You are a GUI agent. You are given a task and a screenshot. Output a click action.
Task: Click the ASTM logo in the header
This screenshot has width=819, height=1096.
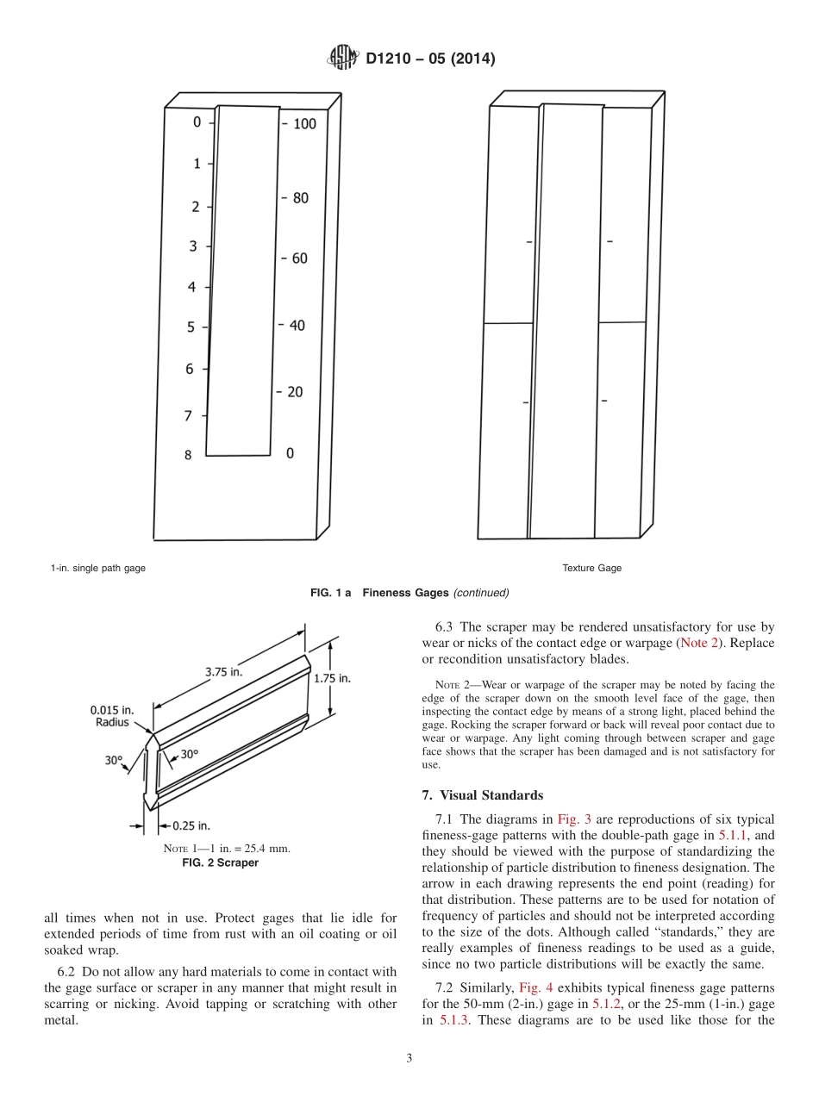click(x=344, y=59)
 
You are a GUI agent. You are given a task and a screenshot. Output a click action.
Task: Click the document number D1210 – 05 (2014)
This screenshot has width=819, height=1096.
click(x=429, y=59)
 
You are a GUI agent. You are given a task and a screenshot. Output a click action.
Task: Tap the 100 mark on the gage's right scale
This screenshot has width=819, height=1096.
click(x=304, y=124)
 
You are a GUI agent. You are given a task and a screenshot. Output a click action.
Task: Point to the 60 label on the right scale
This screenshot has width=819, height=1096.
click(x=299, y=258)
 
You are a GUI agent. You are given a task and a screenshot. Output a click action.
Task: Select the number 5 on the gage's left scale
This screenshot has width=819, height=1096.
click(x=191, y=327)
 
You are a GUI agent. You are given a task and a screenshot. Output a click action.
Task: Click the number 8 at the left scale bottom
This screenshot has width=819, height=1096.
click(x=188, y=455)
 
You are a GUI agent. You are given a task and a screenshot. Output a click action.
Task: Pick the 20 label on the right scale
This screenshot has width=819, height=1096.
click(x=295, y=392)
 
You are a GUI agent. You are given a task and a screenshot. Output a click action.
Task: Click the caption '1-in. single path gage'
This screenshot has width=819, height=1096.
click(x=97, y=568)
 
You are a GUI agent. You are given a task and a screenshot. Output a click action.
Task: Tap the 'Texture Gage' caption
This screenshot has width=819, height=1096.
click(x=591, y=568)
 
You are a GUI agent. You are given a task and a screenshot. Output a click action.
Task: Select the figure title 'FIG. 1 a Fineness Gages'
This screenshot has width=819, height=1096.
click(x=409, y=593)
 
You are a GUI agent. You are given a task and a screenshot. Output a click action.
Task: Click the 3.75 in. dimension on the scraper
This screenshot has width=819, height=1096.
click(x=222, y=671)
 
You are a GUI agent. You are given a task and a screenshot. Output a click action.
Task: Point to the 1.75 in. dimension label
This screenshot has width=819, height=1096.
click(x=332, y=678)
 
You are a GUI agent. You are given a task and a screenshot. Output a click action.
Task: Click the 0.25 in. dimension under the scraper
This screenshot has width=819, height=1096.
click(x=191, y=825)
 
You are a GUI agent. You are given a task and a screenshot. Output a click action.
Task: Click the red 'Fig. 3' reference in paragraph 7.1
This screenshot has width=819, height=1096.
click(x=573, y=819)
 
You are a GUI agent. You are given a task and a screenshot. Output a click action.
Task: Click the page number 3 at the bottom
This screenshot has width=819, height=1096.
click(x=409, y=1058)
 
